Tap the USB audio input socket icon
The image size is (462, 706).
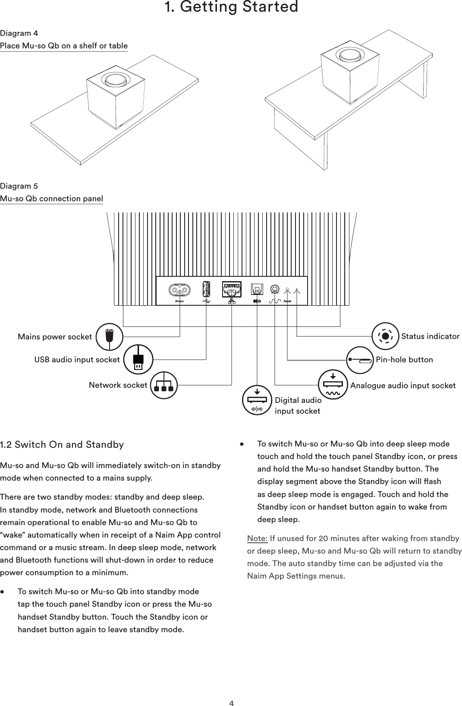tap(138, 359)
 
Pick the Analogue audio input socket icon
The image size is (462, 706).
tap(333, 384)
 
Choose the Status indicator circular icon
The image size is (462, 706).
tap(386, 336)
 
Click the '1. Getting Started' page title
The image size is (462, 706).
tap(232, 7)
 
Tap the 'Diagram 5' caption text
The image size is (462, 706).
tap(19, 186)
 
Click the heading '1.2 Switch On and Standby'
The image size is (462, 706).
tap(62, 445)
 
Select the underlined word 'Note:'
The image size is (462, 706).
tap(258, 538)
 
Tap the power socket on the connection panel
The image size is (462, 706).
tap(179, 289)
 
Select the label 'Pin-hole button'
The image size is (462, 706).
tap(404, 360)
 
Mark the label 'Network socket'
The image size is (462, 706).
tap(118, 385)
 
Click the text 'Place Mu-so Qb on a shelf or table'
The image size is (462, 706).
tap(64, 46)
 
